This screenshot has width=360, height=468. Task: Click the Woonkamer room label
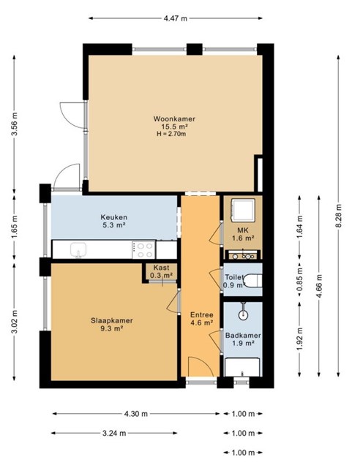coord(174,118)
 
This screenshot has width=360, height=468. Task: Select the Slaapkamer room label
coord(112,321)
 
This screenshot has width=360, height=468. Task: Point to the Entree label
coord(202,315)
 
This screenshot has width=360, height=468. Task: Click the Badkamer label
coord(243,336)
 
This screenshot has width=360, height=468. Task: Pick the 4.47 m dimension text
coord(176,18)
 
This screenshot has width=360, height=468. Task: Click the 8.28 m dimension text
coord(339,216)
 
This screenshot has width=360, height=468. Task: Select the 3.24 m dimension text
coord(114,433)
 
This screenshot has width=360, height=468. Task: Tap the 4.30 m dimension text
coord(136,414)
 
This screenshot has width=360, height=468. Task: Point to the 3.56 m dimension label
coord(15,124)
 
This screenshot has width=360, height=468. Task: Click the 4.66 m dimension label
coord(319,286)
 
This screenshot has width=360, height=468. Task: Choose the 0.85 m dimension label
coord(300,279)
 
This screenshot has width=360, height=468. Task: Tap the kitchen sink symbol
coord(78,249)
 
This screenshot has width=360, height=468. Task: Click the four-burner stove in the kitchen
coord(143,250)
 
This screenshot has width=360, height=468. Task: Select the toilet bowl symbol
coord(252,281)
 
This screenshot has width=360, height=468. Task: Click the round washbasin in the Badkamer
coord(244,314)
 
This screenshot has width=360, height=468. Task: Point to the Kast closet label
coord(161,268)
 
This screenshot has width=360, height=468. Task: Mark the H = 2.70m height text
coord(171,134)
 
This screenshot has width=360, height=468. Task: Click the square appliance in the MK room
coord(243,210)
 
